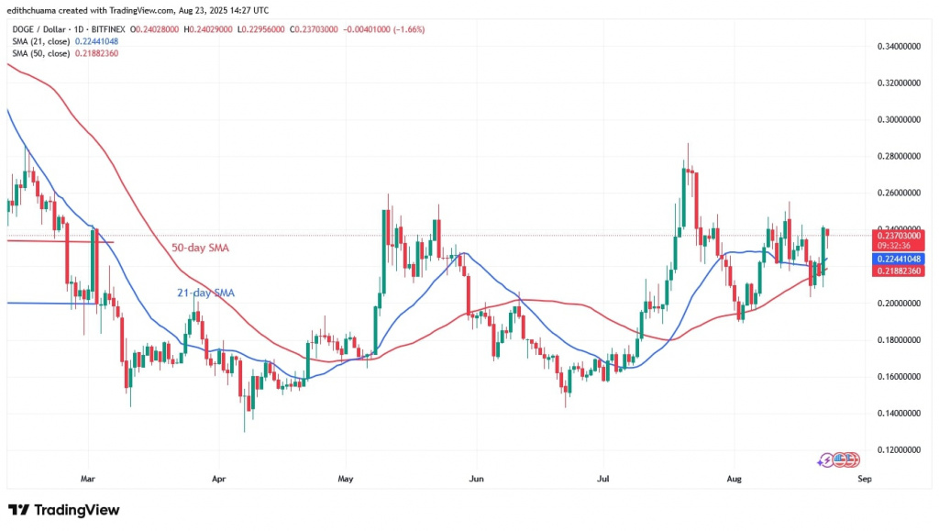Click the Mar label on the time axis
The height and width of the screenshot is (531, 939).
click(87, 478)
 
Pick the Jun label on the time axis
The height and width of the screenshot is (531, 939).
click(475, 478)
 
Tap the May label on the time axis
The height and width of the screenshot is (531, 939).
click(346, 478)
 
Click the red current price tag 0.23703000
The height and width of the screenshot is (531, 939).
click(893, 234)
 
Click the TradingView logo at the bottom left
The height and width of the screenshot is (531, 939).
click(64, 510)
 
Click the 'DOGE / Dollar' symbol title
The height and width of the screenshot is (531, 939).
click(38, 29)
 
